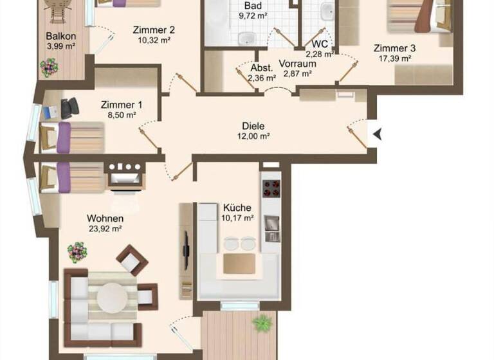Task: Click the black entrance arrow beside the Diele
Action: click(x=378, y=134)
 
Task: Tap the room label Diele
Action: click(x=253, y=126)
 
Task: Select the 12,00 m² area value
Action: click(x=253, y=136)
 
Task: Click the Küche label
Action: click(x=237, y=208)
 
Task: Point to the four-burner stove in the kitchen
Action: click(x=271, y=188)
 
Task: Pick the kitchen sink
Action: click(x=271, y=226)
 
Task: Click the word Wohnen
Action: click(x=105, y=217)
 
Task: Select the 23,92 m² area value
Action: click(x=105, y=228)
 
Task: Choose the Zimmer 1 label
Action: click(x=122, y=105)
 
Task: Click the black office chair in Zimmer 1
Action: click(x=68, y=107)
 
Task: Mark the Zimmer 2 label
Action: click(x=154, y=30)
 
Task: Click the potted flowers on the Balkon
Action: click(x=50, y=66)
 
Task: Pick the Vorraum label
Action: click(x=297, y=63)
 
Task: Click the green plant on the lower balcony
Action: click(x=262, y=323)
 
